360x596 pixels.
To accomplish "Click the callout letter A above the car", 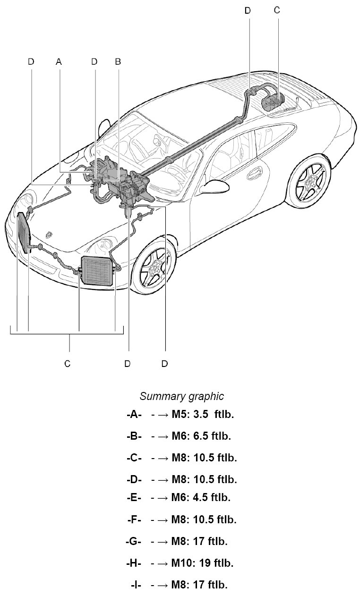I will pyautogui.click(x=59, y=61).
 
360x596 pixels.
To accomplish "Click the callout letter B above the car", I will pyautogui.click(x=118, y=61).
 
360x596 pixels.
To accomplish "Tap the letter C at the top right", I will pyautogui.click(x=277, y=9).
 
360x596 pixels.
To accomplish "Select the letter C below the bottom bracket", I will pyautogui.click(x=68, y=363).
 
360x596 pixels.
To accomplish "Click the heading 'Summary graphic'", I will pyautogui.click(x=181, y=396).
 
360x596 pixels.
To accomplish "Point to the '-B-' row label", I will pyautogui.click(x=134, y=436).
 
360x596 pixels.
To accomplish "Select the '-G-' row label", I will pyautogui.click(x=134, y=541).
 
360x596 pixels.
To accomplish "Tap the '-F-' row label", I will pyautogui.click(x=134, y=519).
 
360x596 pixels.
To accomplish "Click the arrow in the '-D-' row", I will pyautogui.click(x=160, y=479).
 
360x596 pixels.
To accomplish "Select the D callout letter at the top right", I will pyautogui.click(x=248, y=9).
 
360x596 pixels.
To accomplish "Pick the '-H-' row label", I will pyautogui.click(x=134, y=563).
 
